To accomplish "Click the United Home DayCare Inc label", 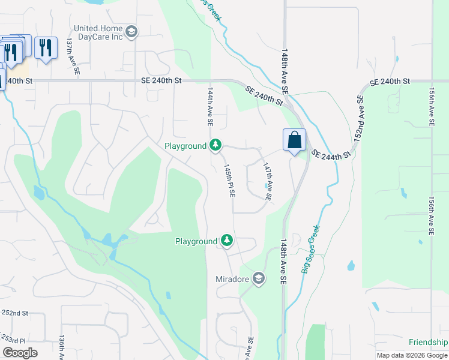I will (x=98, y=32).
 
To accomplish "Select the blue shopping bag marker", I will (x=294, y=141).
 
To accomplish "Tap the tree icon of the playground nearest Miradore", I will (x=226, y=241).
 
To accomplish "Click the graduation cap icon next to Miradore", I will (x=258, y=279).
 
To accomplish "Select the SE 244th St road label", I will (x=330, y=155).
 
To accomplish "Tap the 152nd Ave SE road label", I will (x=358, y=118).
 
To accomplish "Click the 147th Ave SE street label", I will (x=267, y=182).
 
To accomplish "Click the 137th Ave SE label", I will (x=73, y=56).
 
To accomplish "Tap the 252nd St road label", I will (x=14, y=313).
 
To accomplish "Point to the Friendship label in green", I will (x=428, y=342).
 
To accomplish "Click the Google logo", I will (x=20, y=353).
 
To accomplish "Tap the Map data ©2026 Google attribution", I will (x=412, y=355).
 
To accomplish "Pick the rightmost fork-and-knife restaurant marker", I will (x=46, y=47).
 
